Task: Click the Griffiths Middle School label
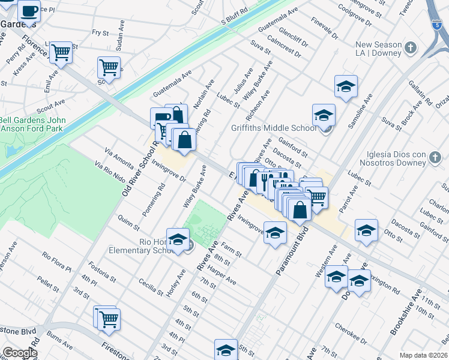pyautogui.click(x=274, y=128)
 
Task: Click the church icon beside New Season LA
pyautogui.click(x=411, y=47)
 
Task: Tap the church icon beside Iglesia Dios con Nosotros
pyautogui.click(x=436, y=158)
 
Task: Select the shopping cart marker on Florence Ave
pyautogui.click(x=61, y=53)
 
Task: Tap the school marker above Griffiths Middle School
pyautogui.click(x=346, y=87)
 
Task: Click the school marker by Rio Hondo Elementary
pyautogui.click(x=178, y=239)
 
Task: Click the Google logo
pyautogui.click(x=20, y=353)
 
